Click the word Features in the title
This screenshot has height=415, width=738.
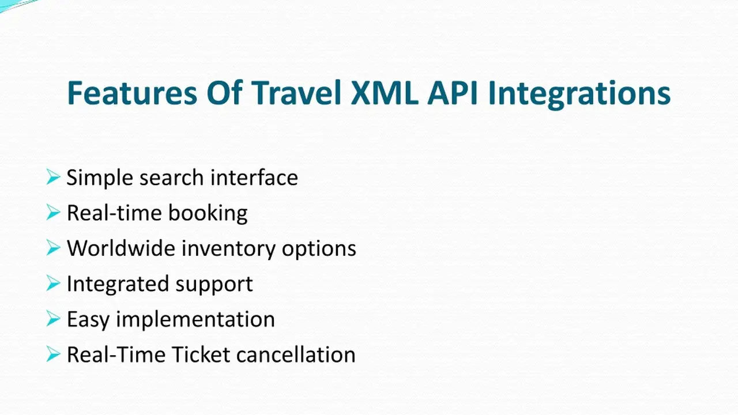tap(132, 93)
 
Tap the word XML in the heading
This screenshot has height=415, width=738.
tap(385, 93)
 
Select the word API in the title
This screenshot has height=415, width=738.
tap(453, 93)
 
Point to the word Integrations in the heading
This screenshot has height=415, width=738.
tap(579, 95)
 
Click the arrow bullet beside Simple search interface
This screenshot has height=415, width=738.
tap(54, 177)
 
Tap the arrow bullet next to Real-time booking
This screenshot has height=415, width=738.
tap(54, 213)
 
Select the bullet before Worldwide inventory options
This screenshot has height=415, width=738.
tap(54, 248)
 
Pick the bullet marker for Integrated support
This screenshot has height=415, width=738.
tap(54, 283)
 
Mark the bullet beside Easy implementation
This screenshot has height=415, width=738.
tap(54, 319)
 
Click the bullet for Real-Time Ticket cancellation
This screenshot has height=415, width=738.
tap(54, 354)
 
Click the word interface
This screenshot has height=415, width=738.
tap(254, 177)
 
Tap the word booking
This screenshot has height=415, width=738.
tap(208, 214)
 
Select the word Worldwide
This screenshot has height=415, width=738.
tap(121, 248)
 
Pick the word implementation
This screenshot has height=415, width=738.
tap(195, 320)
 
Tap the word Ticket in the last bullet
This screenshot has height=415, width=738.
tap(201, 354)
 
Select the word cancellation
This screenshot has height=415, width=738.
tap(296, 354)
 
